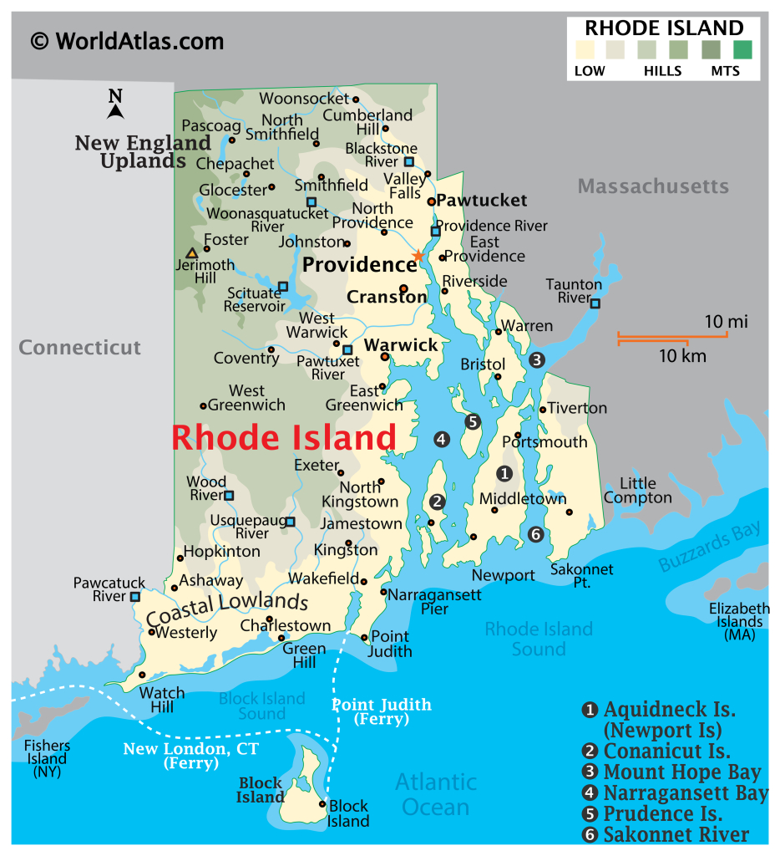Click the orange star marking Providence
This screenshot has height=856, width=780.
[x=418, y=255]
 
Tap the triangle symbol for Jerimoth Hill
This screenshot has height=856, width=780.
[x=192, y=252]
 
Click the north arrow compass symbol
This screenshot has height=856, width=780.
[x=115, y=104]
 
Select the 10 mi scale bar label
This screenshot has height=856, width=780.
[x=726, y=322]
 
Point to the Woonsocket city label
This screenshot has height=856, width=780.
[x=303, y=99]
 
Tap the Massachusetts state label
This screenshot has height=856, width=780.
[x=653, y=186]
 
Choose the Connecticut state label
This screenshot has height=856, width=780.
[x=80, y=347]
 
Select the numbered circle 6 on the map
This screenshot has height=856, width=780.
[x=536, y=534]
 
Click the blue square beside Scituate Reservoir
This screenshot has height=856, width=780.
[x=283, y=287]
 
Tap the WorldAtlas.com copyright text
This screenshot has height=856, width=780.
[x=127, y=40]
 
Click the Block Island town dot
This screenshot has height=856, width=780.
[x=323, y=803]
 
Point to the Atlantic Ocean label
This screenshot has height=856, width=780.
[x=436, y=794]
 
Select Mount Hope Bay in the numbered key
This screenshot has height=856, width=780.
[x=681, y=772]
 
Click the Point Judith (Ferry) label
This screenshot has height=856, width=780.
[x=382, y=711]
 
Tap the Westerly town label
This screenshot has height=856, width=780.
[x=186, y=632]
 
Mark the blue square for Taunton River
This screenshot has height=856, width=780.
[x=595, y=303]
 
